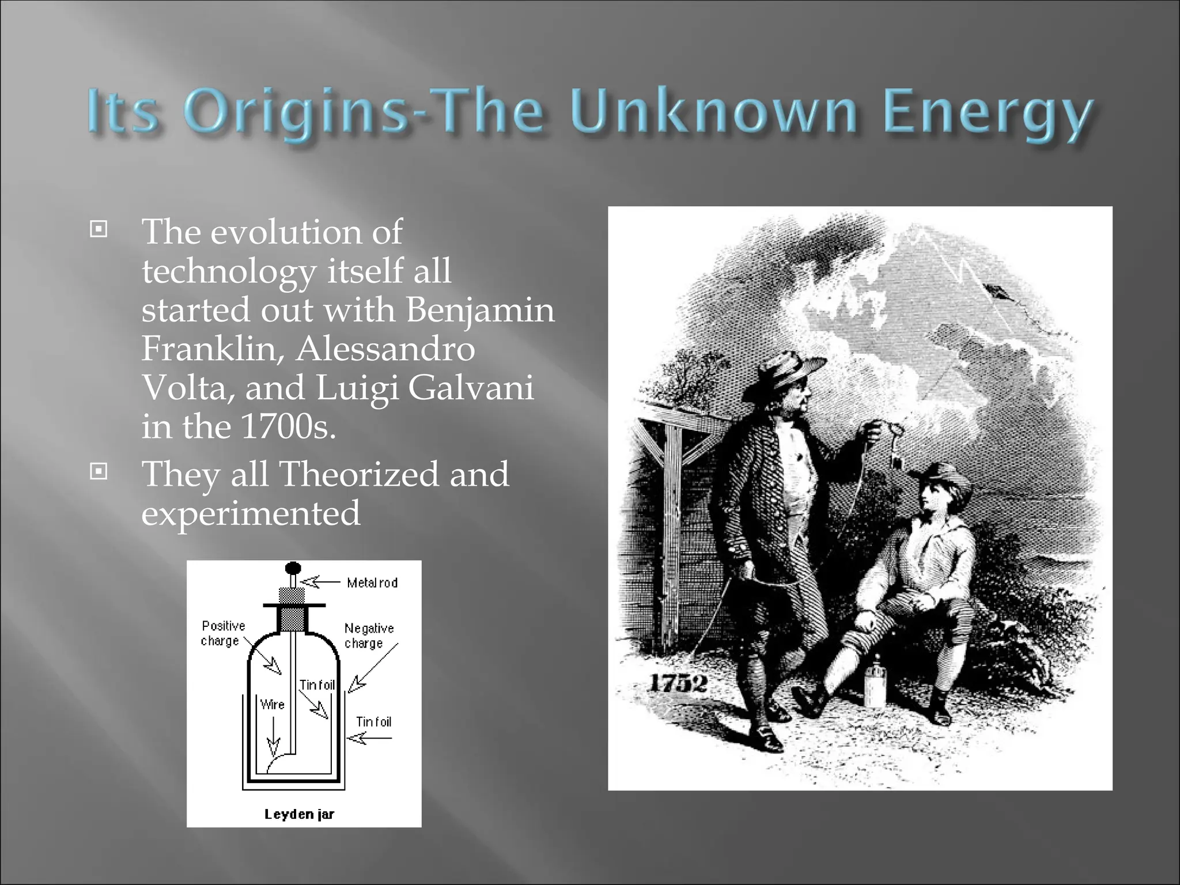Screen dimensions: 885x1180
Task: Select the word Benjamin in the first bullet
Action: pos(480,309)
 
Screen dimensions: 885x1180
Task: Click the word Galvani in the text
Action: pos(471,387)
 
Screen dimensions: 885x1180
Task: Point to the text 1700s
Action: pos(288,426)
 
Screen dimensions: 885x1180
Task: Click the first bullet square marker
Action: pos(99,230)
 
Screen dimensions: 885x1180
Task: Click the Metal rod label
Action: pos(372,583)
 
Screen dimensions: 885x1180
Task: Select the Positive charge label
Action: pos(222,633)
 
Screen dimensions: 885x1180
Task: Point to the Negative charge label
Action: pos(369,636)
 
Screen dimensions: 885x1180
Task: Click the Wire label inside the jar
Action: pos(272,704)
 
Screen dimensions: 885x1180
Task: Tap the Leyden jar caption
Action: pos(299,814)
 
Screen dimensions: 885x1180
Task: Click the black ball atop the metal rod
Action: pos(293,568)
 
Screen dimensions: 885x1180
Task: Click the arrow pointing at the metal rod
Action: pos(320,582)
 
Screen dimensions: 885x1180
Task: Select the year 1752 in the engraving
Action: pos(678,684)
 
